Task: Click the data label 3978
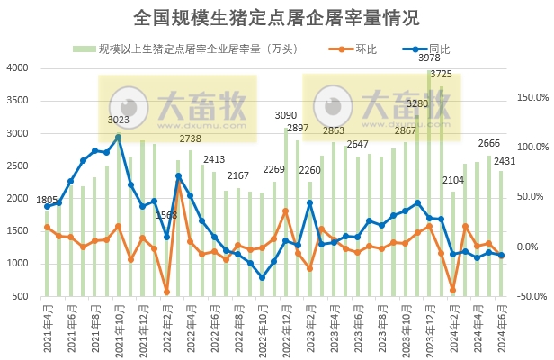tap(429, 58)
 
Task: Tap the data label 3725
tap(441, 74)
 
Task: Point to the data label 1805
tap(46, 200)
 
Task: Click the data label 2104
tap(453, 181)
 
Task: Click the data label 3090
tap(285, 116)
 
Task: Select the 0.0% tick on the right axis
tap(531, 247)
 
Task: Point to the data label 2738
tap(190, 139)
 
